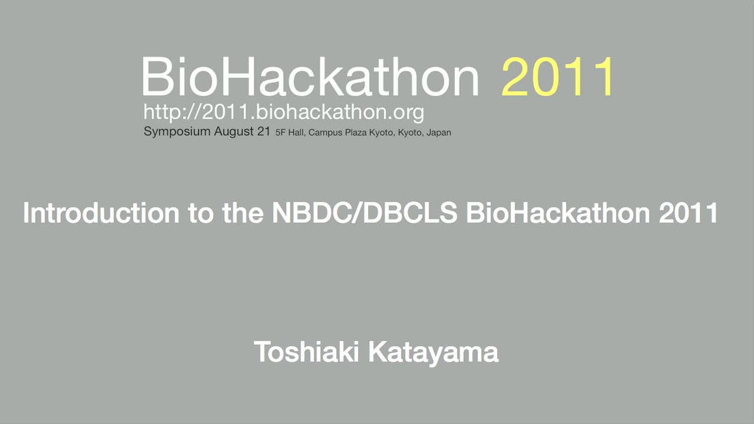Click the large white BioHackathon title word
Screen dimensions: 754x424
pyautogui.click(x=310, y=77)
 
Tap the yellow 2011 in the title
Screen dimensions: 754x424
pyautogui.click(x=557, y=77)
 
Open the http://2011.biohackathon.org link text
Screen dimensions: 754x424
pyautogui.click(x=284, y=112)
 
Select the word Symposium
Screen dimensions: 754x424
pyautogui.click(x=177, y=131)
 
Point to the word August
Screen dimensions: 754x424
pyautogui.click(x=234, y=131)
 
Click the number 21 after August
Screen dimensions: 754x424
pyautogui.click(x=264, y=131)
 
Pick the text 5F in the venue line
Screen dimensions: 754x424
pyautogui.click(x=280, y=132)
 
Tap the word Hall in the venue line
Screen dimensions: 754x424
pyautogui.click(x=296, y=132)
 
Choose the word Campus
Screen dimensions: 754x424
pyautogui.click(x=325, y=133)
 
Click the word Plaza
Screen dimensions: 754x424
pyautogui.click(x=355, y=132)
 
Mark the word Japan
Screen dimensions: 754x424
pyautogui.click(x=439, y=133)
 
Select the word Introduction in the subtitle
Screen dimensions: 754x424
pyautogui.click(x=101, y=213)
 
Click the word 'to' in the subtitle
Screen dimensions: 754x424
pyautogui.click(x=201, y=213)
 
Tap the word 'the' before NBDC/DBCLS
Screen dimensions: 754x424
pyautogui.click(x=243, y=213)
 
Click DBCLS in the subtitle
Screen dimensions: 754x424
pyautogui.click(x=409, y=213)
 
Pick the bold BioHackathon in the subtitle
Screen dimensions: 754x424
pyautogui.click(x=558, y=213)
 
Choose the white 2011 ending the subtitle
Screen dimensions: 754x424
pyautogui.click(x=688, y=213)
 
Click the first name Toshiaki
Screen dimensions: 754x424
pyautogui.click(x=306, y=352)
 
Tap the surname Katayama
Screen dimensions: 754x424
pyautogui.click(x=434, y=353)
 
